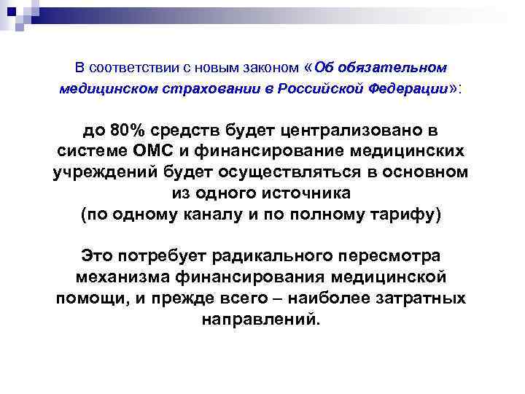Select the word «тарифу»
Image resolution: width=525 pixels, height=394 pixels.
(402, 215)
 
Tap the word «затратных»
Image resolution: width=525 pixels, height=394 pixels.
(424, 298)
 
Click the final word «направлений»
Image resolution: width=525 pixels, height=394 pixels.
(260, 320)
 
